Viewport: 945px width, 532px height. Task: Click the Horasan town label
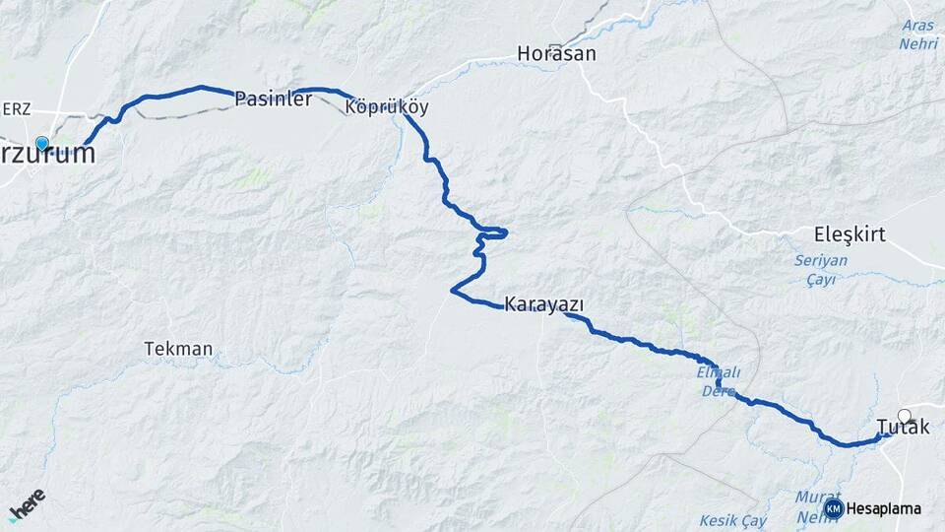tap(557, 53)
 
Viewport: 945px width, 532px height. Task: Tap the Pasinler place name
tap(274, 99)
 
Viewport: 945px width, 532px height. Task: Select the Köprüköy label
tap(387, 106)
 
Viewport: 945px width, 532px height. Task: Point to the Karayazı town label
tap(543, 303)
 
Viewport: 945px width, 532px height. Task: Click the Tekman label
tap(178, 349)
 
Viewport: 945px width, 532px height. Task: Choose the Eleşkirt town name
tap(850, 234)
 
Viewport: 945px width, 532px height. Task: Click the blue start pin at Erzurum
tap(41, 144)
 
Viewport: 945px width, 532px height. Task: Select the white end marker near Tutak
tap(905, 415)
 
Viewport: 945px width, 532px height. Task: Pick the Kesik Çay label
tap(732, 519)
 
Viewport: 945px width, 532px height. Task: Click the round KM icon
tap(834, 509)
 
